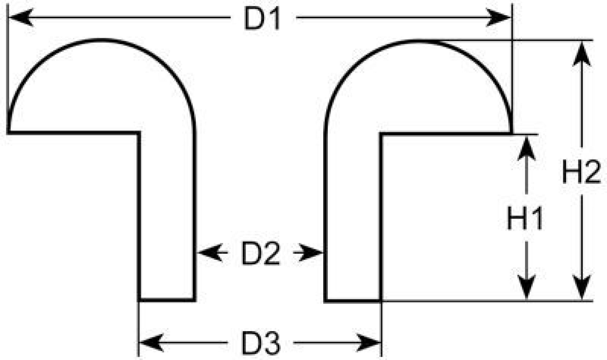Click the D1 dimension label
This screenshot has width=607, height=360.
click(262, 19)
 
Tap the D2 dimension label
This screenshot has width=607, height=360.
click(261, 253)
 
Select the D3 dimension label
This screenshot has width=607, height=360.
click(261, 343)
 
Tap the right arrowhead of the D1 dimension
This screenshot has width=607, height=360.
click(499, 17)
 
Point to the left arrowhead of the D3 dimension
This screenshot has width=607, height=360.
click(152, 343)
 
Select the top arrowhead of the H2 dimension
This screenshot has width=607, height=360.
click(582, 54)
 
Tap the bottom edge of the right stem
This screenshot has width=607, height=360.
click(353, 300)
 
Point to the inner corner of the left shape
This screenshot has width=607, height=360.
click(139, 133)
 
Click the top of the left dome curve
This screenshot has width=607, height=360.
click(101, 40)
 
